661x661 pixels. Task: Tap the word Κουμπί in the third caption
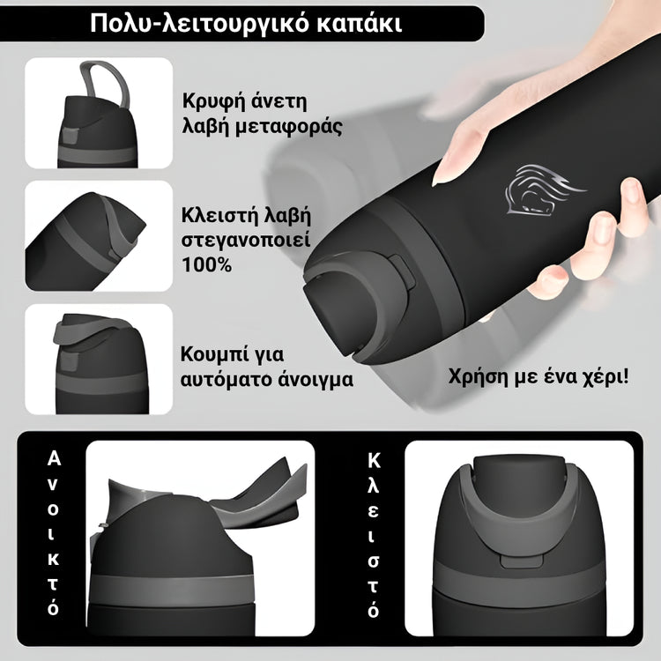tap(215, 356)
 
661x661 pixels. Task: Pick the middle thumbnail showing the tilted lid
tap(98, 235)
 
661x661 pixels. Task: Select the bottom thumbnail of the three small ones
tap(98, 359)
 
